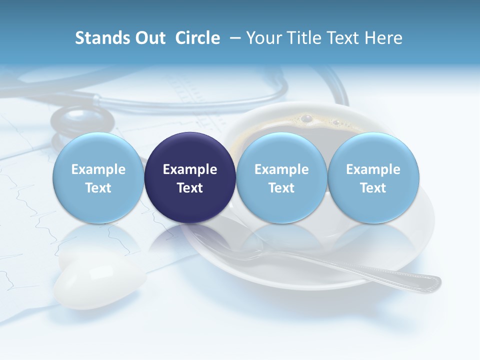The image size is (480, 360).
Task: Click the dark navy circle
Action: pos(190,177)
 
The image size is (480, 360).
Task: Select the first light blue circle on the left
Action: pos(98,177)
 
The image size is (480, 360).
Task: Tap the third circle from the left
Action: pos(281,177)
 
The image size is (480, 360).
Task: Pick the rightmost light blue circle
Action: pos(373,177)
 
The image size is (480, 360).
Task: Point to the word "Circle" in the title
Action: pos(197,38)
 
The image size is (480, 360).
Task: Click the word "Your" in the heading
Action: pos(262,38)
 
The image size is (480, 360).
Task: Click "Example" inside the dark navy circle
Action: pos(190,169)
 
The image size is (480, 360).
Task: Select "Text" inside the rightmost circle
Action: pos(373,188)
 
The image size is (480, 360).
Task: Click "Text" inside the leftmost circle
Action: pos(98,188)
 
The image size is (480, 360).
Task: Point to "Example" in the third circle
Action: pos(281,169)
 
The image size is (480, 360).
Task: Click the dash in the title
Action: pos(233,38)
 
